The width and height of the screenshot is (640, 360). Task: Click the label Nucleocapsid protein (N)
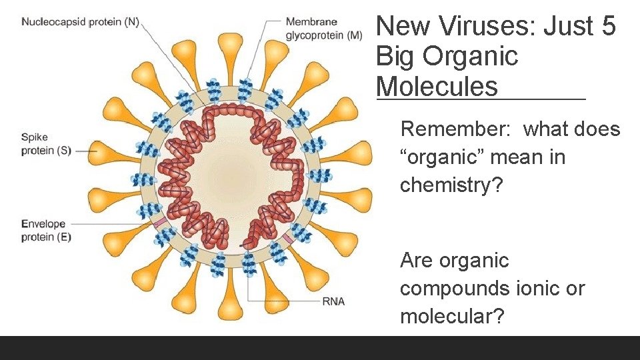click(x=80, y=22)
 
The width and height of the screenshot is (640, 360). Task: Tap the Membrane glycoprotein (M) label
click(x=324, y=29)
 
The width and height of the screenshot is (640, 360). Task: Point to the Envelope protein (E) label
click(x=45, y=230)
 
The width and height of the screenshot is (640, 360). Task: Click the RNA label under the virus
click(x=333, y=301)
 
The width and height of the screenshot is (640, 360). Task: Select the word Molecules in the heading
click(x=437, y=87)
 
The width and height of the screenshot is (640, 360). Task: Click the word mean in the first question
click(x=535, y=157)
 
